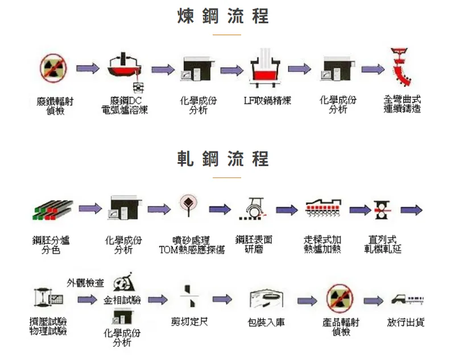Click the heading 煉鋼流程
(223, 16)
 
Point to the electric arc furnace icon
(124, 68)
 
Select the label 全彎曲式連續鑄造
(402, 106)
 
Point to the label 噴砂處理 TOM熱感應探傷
(192, 245)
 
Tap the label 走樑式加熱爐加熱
(322, 245)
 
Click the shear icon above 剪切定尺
(189, 297)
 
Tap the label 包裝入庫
(266, 322)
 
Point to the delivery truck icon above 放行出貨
(408, 299)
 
